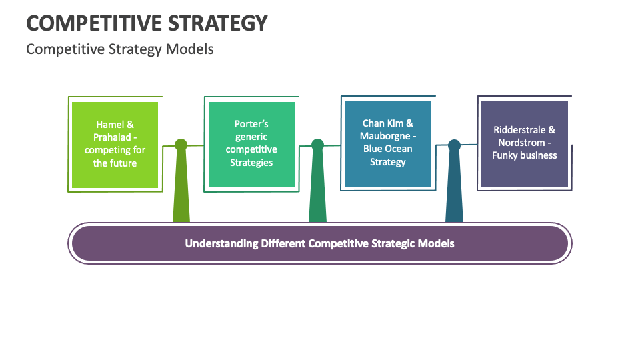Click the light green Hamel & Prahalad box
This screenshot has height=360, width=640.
(x=115, y=144)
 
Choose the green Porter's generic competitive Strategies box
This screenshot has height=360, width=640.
(x=251, y=144)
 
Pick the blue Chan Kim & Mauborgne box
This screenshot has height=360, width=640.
(x=387, y=144)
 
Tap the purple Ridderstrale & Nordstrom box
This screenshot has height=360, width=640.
(x=524, y=144)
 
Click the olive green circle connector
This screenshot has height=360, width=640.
(x=181, y=145)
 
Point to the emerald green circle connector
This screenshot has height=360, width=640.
(x=317, y=145)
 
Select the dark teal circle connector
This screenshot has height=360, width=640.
(x=454, y=145)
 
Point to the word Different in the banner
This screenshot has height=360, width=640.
(x=283, y=243)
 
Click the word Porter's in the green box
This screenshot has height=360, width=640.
(x=251, y=124)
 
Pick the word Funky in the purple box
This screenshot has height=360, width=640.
(x=507, y=155)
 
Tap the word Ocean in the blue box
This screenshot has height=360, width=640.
(x=399, y=149)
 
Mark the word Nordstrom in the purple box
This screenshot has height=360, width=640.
(x=519, y=143)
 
